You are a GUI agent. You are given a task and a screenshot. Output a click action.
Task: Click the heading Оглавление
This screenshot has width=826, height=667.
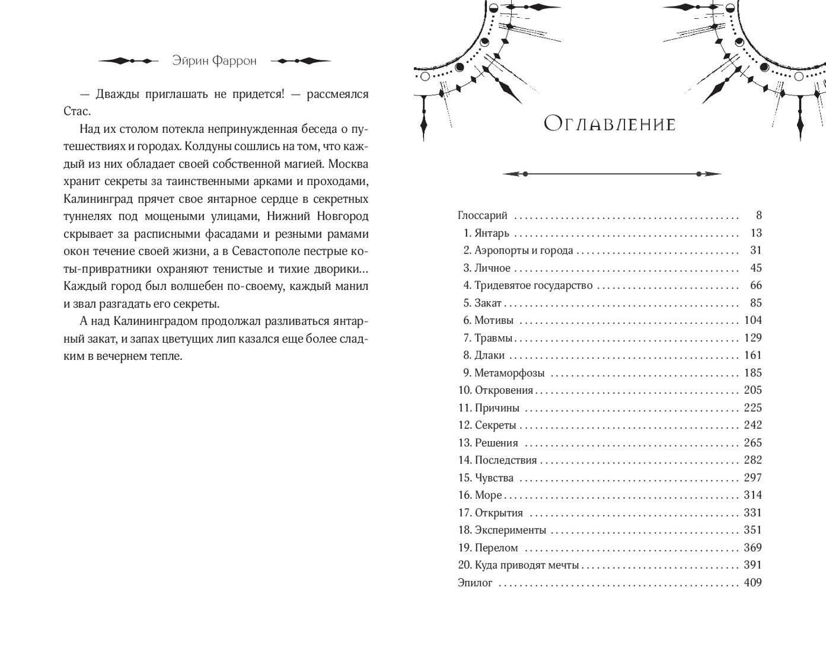pyautogui.click(x=610, y=124)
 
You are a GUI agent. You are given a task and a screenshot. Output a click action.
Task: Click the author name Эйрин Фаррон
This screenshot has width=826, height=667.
pyautogui.click(x=214, y=61)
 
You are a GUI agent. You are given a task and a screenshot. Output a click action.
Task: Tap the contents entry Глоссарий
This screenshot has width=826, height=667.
pyautogui.click(x=483, y=216)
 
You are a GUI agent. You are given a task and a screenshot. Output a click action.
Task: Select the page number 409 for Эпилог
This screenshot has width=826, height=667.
pyautogui.click(x=752, y=583)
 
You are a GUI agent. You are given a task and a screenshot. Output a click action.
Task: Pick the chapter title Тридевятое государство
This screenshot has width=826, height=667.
pyautogui.click(x=533, y=286)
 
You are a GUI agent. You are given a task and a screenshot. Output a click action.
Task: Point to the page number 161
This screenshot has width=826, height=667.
pyautogui.click(x=752, y=356)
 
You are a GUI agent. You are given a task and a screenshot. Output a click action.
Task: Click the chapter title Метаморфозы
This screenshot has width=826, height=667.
pyautogui.click(x=509, y=374)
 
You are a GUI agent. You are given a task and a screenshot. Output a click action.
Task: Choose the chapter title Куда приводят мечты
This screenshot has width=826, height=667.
pyautogui.click(x=527, y=566)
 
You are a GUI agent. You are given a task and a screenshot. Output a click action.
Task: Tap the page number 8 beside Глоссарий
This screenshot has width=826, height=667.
pyautogui.click(x=758, y=216)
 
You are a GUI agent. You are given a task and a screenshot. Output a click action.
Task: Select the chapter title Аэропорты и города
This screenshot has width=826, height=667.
pyautogui.click(x=524, y=251)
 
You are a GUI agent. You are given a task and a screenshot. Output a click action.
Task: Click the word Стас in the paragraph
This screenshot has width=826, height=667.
pyautogui.click(x=77, y=111)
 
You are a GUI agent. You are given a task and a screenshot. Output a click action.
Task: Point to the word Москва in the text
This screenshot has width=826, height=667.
pyautogui.click(x=347, y=164)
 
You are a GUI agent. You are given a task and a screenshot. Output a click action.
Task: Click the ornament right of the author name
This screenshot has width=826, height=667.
pyautogui.click(x=300, y=61)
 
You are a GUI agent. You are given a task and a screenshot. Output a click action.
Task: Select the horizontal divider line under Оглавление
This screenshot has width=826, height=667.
pyautogui.click(x=611, y=174)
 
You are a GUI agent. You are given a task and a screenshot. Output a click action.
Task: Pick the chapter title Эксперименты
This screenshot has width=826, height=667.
pyautogui.click(x=510, y=531)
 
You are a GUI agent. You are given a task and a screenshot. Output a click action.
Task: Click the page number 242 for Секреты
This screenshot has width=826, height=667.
pyautogui.click(x=752, y=426)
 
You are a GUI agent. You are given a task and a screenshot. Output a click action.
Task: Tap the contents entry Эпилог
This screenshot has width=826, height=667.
pyautogui.click(x=475, y=583)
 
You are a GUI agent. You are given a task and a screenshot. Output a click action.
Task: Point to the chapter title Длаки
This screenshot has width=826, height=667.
pyautogui.click(x=489, y=356)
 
